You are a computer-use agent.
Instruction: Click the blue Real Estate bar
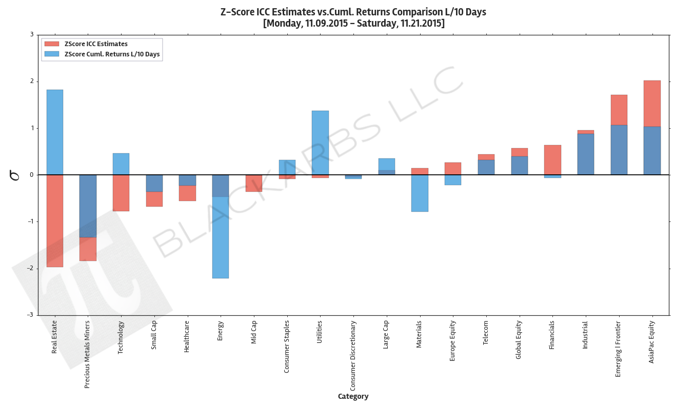[x=54, y=132]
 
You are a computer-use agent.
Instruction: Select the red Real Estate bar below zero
[x=54, y=220]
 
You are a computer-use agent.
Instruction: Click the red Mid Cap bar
[x=253, y=183]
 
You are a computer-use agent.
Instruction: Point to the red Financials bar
[x=552, y=159]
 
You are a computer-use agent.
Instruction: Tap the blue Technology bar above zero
[x=121, y=164]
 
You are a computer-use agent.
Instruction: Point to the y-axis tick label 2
[x=32, y=82]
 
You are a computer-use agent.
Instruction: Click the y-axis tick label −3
[x=30, y=315]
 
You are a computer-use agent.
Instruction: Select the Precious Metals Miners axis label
[x=87, y=354]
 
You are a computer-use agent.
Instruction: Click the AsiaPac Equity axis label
[x=651, y=341]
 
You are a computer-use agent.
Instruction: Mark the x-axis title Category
[x=353, y=396]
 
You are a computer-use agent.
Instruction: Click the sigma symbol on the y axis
[x=15, y=175]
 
